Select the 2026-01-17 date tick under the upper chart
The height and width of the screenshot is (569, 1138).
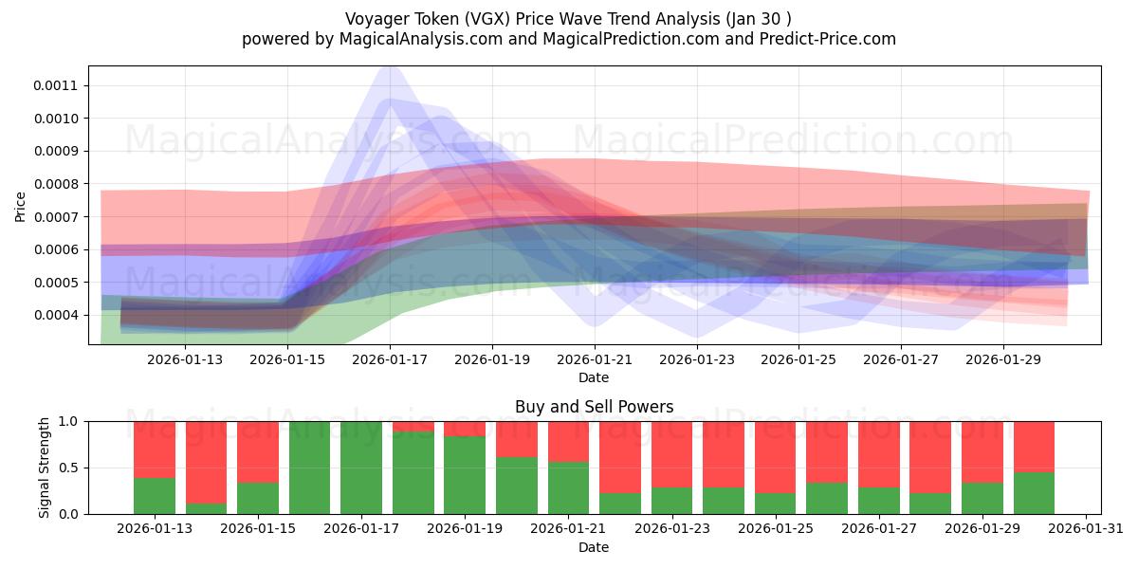[390, 359]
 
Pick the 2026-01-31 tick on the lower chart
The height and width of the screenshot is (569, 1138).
[1085, 529]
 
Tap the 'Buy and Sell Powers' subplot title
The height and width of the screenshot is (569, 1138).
[594, 407]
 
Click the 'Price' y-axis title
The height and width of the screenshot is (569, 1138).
[21, 205]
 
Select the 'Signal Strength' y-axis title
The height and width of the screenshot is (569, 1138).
[45, 468]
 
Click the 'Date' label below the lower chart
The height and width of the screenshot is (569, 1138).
[594, 547]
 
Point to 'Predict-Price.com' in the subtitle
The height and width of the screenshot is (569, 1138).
[822, 39]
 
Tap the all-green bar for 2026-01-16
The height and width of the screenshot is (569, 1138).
[309, 468]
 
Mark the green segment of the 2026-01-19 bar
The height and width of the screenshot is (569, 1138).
[465, 475]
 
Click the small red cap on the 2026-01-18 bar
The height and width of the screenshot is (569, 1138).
[413, 427]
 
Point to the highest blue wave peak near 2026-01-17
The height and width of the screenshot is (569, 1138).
[390, 68]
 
